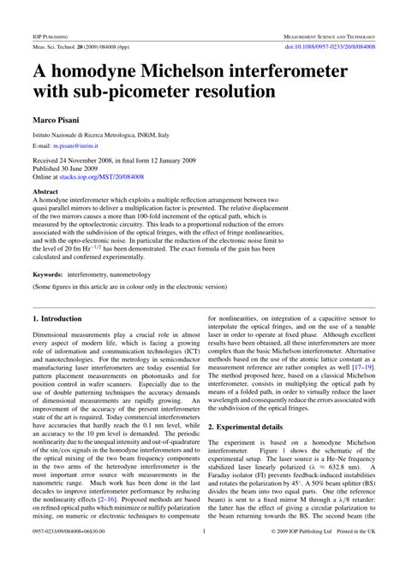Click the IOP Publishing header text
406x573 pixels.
51,38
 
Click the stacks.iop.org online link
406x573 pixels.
116,175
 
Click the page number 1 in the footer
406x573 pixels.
203,554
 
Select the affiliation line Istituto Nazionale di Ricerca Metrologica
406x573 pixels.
101,135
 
